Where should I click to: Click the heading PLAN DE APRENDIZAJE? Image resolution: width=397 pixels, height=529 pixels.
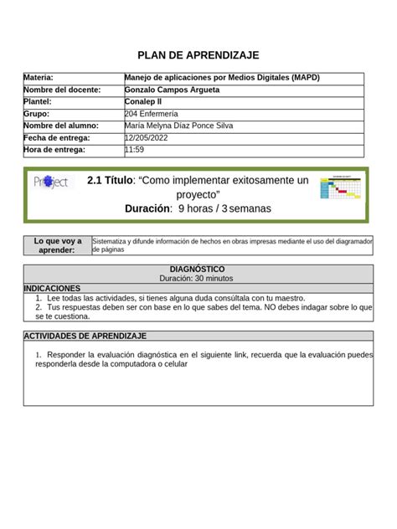pyautogui.click(x=198, y=55)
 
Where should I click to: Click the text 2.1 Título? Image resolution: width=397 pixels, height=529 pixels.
pyautogui.click(x=109, y=180)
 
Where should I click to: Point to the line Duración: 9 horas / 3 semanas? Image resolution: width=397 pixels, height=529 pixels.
pyautogui.click(x=198, y=208)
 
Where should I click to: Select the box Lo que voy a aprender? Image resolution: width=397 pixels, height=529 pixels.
pyautogui.click(x=58, y=245)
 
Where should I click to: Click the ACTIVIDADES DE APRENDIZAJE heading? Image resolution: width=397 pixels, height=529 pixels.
pyautogui.click(x=85, y=336)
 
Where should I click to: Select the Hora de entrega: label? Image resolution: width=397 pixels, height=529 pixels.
pyautogui.click(x=54, y=150)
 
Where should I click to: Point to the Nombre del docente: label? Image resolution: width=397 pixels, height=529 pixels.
pyautogui.click(x=62, y=90)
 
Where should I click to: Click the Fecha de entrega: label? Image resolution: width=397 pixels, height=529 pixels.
pyautogui.click(x=57, y=138)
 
